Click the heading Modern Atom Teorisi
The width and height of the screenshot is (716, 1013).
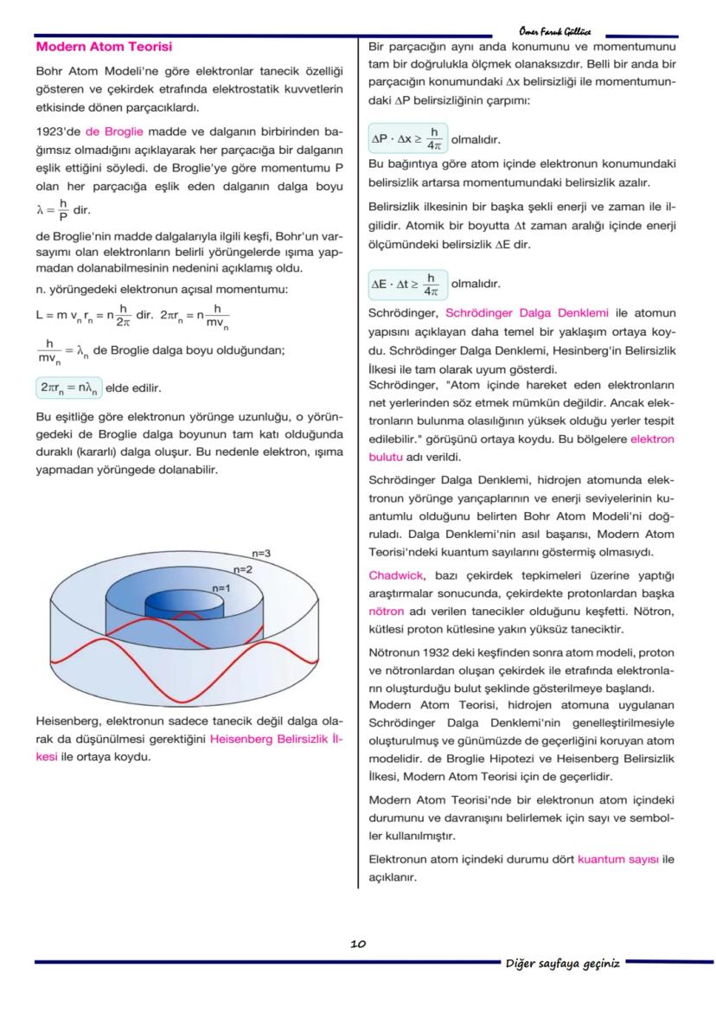pyautogui.click(x=104, y=47)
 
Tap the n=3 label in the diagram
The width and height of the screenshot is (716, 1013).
pyautogui.click(x=261, y=553)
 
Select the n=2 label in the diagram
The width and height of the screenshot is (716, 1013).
pyautogui.click(x=242, y=570)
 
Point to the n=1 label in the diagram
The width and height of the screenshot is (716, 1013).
pyautogui.click(x=221, y=587)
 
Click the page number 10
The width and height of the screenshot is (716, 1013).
pyautogui.click(x=357, y=944)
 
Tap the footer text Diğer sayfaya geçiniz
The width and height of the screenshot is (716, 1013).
pyautogui.click(x=562, y=964)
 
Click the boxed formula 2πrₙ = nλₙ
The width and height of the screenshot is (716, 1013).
pyautogui.click(x=69, y=388)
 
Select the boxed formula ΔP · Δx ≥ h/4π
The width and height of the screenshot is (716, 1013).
pyautogui.click(x=406, y=138)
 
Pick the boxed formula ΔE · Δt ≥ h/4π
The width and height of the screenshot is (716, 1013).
pyautogui.click(x=406, y=284)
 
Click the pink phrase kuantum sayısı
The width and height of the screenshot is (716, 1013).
pyautogui.click(x=617, y=859)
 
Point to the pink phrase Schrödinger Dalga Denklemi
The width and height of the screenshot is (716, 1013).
pyautogui.click(x=527, y=312)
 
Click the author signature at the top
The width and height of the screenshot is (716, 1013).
pyautogui.click(x=559, y=30)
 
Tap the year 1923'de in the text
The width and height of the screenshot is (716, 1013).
pyautogui.click(x=57, y=131)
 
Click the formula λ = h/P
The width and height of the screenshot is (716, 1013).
pyautogui.click(x=52, y=209)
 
